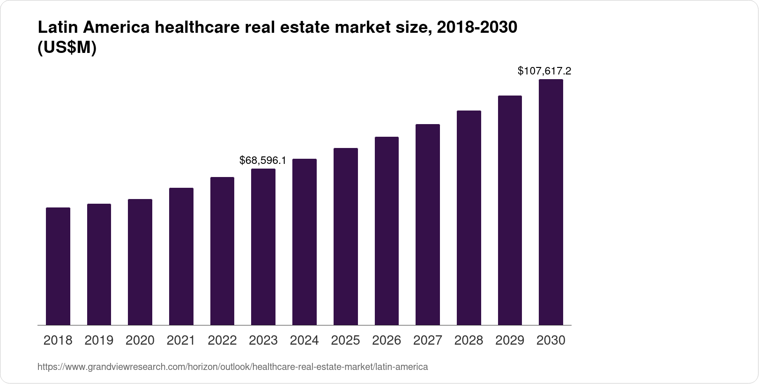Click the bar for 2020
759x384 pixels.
tap(140, 262)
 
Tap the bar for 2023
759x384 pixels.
tap(263, 247)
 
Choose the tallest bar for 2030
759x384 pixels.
tap(551, 202)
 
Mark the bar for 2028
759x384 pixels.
tap(469, 218)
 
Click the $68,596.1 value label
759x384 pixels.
tap(263, 161)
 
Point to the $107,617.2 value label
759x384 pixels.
tap(544, 71)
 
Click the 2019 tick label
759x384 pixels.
tap(99, 340)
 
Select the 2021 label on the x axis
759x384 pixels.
tap(181, 340)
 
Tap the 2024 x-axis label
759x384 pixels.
tap(305, 340)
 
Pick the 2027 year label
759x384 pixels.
tap(428, 340)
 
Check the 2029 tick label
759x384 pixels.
tap(510, 340)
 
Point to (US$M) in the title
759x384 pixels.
tap(67, 47)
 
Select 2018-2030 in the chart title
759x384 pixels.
tap(476, 28)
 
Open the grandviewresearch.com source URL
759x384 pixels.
tap(232, 367)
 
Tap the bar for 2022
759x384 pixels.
tap(222, 251)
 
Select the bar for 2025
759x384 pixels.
tap(346, 236)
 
